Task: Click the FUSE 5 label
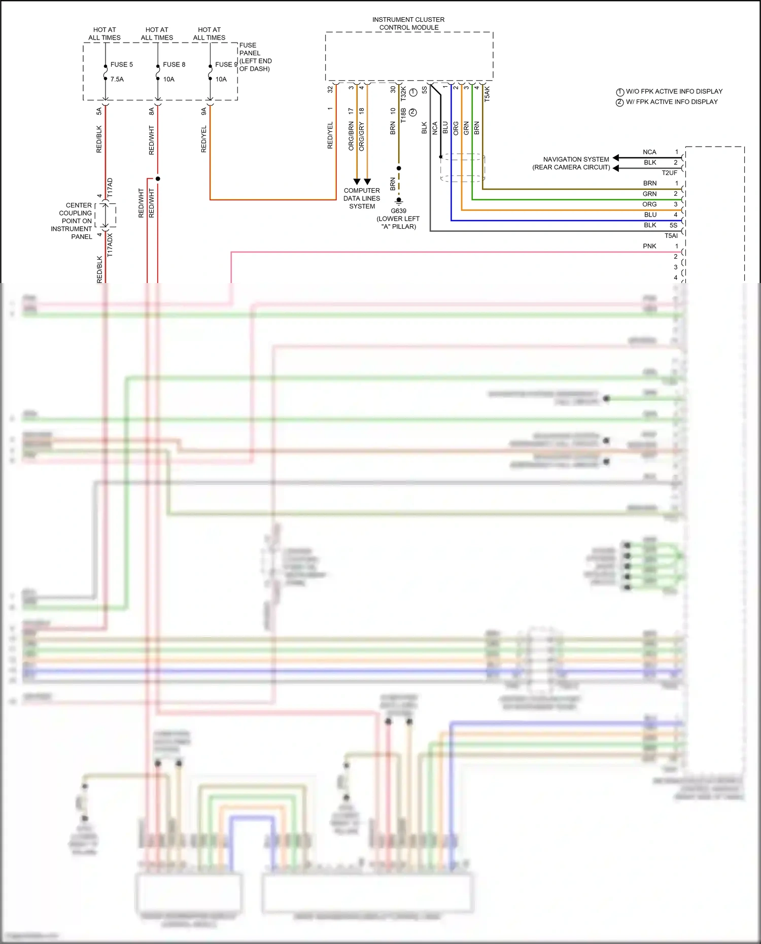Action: click(122, 64)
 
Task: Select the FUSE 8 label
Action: click(174, 64)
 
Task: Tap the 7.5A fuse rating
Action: click(117, 79)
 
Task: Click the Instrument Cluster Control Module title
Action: click(408, 23)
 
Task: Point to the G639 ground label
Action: click(398, 211)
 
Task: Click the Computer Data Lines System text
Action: click(362, 198)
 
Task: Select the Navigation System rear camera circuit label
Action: click(571, 163)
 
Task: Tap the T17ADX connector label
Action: click(110, 245)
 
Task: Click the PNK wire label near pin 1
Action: click(649, 246)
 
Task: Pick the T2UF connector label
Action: click(669, 173)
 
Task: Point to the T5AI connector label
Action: click(671, 236)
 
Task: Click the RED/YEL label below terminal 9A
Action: click(204, 139)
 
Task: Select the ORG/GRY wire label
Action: click(361, 136)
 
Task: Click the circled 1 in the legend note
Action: click(620, 92)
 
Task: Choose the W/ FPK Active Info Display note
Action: click(672, 102)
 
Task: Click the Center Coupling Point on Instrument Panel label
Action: click(73, 221)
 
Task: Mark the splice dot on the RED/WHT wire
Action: click(158, 179)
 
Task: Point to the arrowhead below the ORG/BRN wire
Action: click(357, 182)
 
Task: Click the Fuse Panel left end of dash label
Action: click(255, 57)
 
